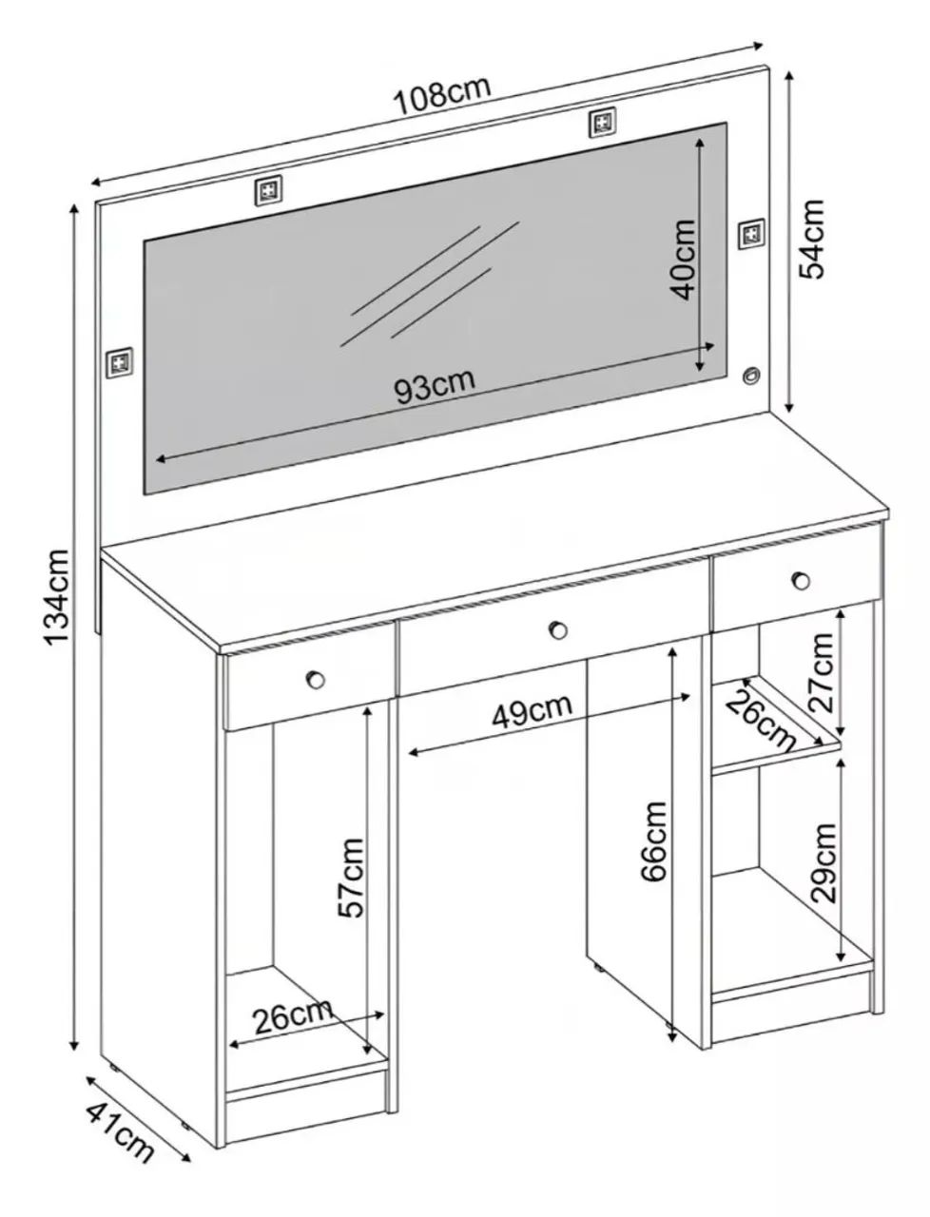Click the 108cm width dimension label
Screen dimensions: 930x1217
coord(442,96)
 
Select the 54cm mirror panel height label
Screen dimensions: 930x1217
coord(811,239)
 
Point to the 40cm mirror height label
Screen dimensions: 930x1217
coord(682,260)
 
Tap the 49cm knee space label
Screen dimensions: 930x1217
coord(532,709)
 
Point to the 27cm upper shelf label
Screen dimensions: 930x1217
coord(821,672)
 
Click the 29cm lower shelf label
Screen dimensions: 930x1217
coord(823,863)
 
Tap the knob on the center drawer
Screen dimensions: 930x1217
coord(558,629)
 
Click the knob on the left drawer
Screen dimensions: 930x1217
coord(315,679)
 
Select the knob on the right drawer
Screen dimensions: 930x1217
coord(801,581)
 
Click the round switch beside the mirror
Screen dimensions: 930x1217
coord(751,376)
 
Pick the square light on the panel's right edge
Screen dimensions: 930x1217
coord(751,234)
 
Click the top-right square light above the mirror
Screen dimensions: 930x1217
coord(602,121)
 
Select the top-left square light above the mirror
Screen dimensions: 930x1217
coord(269,191)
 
